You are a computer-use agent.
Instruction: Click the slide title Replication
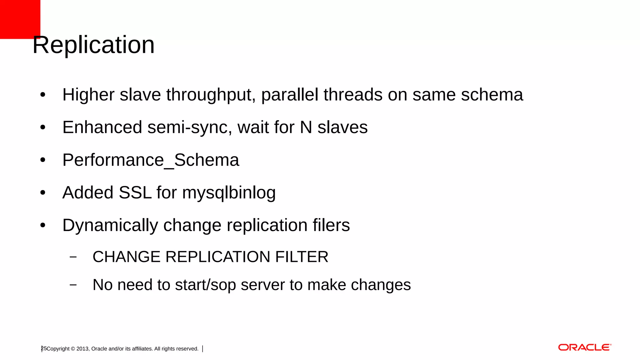coord(93,45)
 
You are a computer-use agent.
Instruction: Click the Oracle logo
coord(584,347)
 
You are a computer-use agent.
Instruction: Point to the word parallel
coord(290,95)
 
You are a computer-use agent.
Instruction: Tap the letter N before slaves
coord(306,127)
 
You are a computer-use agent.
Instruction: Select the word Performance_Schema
coord(151,160)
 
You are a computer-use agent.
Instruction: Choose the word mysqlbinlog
coord(229,193)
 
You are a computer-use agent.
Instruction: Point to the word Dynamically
coord(110,226)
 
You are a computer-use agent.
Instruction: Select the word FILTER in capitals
coord(302,257)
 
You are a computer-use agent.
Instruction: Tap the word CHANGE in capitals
coord(127,257)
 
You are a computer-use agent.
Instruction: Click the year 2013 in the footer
coord(82,349)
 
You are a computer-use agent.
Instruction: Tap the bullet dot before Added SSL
coord(43,192)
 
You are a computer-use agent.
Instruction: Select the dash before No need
coord(73,285)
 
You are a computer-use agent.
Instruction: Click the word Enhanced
coord(102,127)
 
